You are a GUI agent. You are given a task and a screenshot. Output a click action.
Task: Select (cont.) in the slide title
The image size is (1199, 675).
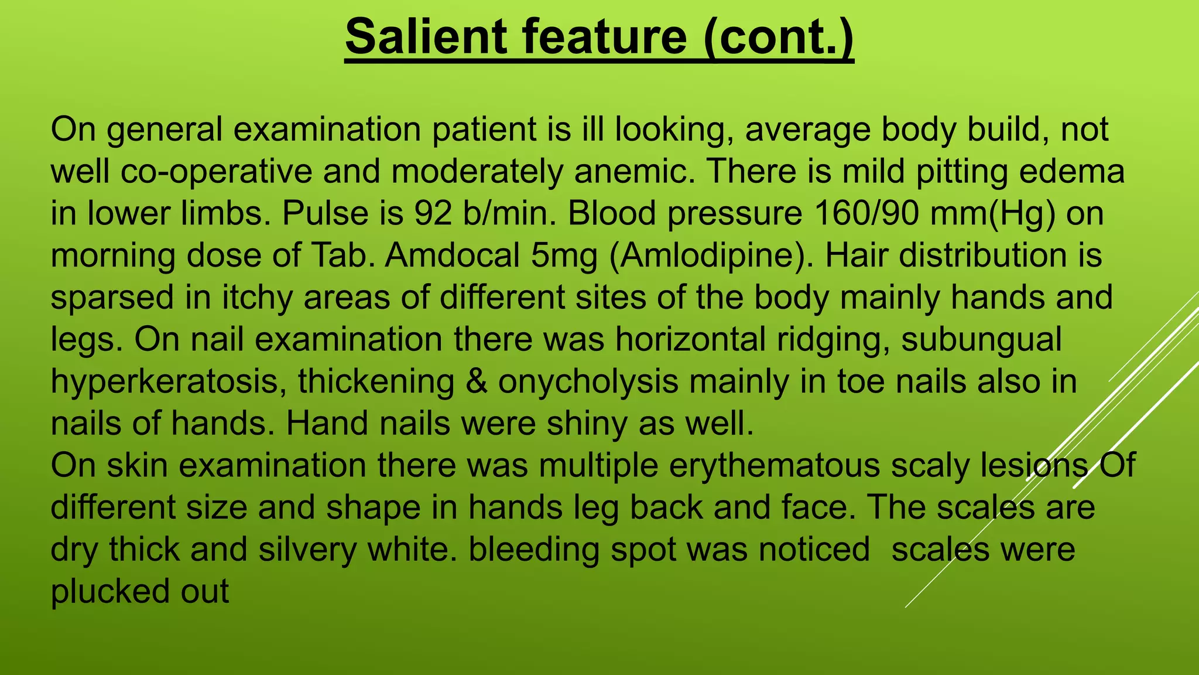[778, 37]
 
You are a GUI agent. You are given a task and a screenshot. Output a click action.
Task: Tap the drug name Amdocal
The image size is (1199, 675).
[452, 256]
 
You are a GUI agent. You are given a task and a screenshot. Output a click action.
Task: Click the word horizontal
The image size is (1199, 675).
[690, 340]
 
